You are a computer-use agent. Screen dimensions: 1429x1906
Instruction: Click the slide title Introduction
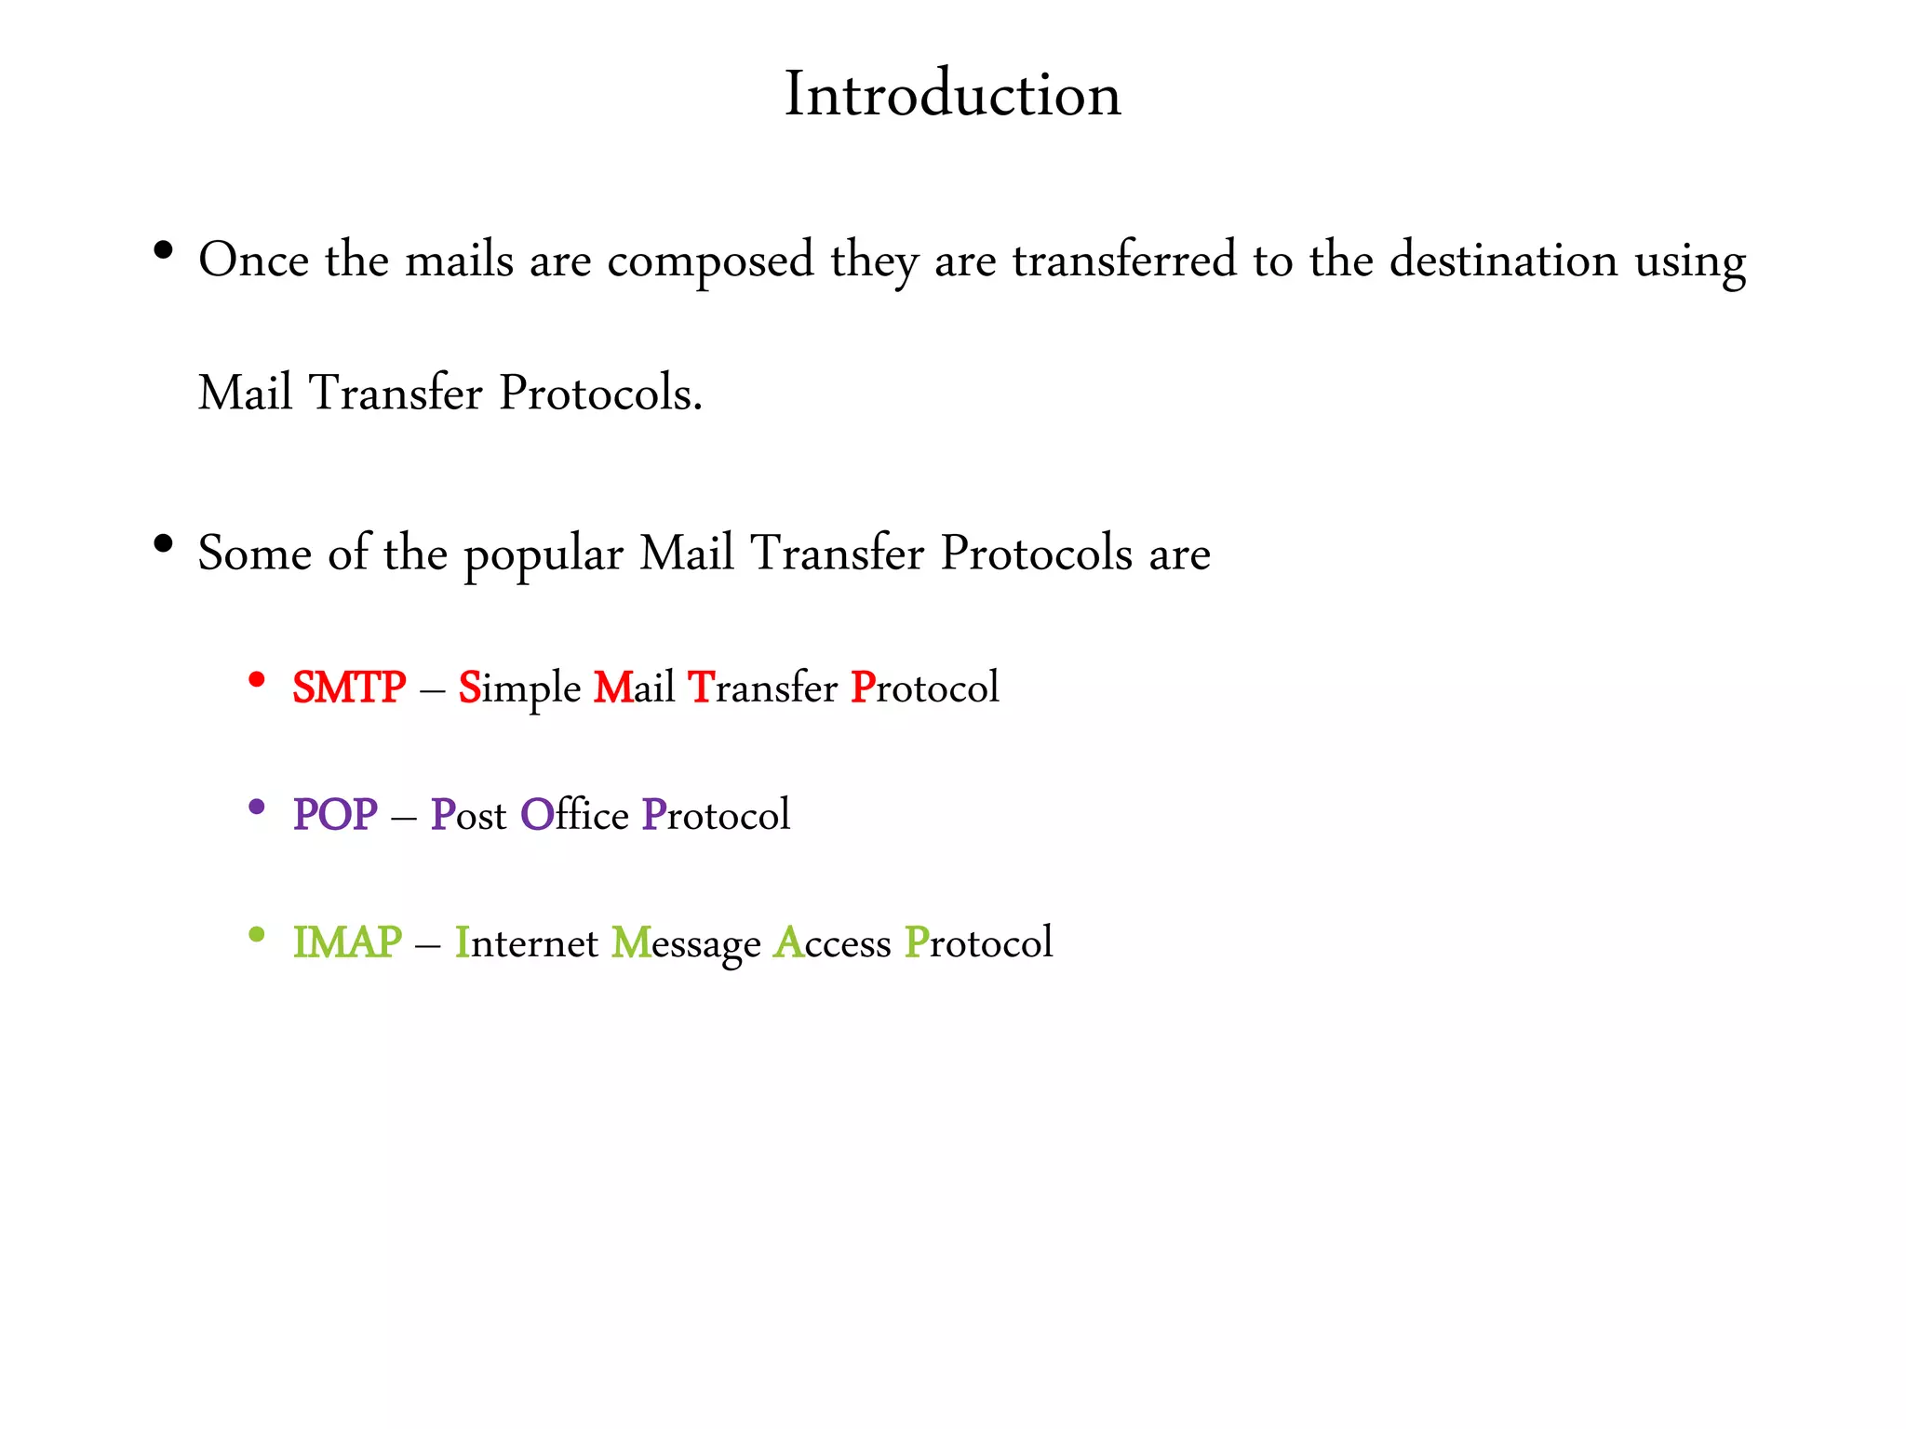(953, 94)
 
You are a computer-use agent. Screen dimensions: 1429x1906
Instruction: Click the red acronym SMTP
(349, 688)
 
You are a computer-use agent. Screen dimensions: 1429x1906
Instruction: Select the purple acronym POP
(335, 815)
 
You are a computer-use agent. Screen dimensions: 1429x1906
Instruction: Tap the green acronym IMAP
(347, 942)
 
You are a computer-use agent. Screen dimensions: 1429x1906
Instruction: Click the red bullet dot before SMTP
(257, 680)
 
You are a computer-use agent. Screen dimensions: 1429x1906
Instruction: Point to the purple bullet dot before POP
(257, 808)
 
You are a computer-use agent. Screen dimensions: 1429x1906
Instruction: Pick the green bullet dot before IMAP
(257, 935)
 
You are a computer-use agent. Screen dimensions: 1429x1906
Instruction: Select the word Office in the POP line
(574, 815)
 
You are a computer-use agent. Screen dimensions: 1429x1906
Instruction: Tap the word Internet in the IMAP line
(526, 942)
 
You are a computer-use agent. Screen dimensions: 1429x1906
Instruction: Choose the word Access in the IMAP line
(832, 942)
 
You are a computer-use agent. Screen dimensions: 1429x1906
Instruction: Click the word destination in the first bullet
(1503, 260)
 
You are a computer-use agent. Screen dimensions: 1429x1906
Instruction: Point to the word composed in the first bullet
(710, 261)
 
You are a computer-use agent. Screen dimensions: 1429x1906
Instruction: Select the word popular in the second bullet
(544, 555)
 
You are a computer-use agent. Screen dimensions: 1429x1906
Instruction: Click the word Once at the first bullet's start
(253, 260)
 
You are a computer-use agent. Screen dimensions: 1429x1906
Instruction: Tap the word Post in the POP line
(468, 815)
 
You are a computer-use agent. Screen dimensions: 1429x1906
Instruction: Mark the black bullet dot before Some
(164, 544)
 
